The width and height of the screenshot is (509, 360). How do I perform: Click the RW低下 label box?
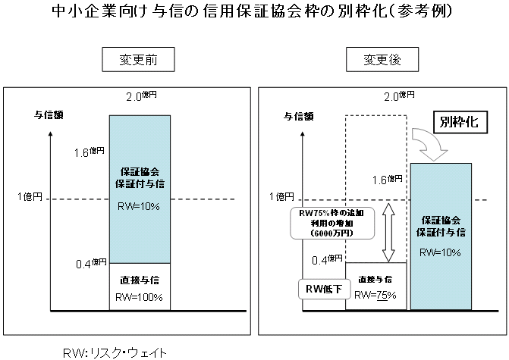pyautogui.click(x=319, y=289)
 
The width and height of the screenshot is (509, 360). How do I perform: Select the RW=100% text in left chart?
pyautogui.click(x=140, y=296)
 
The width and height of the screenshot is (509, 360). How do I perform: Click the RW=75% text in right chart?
pyautogui.click(x=375, y=295)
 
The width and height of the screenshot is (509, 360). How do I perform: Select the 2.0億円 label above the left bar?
pyautogui.click(x=142, y=96)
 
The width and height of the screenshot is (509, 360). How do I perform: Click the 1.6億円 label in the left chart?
pyautogui.click(x=90, y=152)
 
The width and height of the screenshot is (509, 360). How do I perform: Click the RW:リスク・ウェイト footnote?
pyautogui.click(x=115, y=352)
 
